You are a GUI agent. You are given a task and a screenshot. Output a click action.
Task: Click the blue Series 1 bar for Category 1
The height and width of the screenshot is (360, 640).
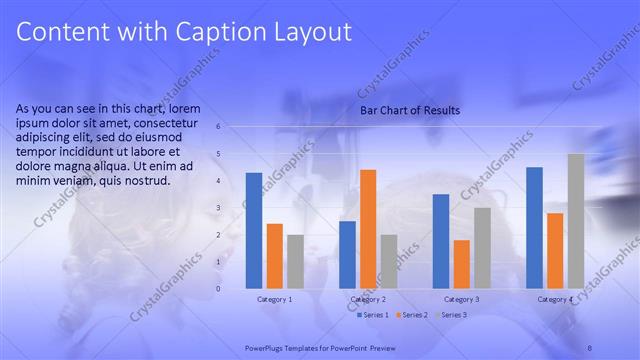254,230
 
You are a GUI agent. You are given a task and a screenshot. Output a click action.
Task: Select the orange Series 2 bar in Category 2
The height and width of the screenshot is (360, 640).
368,229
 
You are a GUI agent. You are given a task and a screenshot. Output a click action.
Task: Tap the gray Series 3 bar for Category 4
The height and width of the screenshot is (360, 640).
575,221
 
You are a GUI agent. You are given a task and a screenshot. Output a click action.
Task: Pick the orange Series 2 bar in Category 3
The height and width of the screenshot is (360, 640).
461,264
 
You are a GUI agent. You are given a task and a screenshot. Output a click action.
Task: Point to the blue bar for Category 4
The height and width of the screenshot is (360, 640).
534,227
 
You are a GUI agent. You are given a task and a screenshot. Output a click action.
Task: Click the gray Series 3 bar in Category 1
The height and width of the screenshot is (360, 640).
295,261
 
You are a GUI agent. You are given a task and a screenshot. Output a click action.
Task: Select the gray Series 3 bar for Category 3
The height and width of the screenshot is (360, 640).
482,248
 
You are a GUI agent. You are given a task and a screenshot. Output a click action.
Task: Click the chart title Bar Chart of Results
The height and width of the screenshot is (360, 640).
410,111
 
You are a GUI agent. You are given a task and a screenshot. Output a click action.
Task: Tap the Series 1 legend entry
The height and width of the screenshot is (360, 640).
374,315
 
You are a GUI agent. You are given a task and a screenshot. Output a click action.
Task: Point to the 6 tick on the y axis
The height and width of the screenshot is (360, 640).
219,127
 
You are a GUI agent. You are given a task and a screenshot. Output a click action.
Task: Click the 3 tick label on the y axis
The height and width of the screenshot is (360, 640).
219,208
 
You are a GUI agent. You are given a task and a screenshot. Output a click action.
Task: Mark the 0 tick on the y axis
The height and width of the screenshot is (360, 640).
219,289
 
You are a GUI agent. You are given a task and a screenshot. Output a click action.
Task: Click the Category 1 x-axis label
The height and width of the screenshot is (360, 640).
274,299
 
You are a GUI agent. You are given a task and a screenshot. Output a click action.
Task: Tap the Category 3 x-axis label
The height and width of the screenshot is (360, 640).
461,299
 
